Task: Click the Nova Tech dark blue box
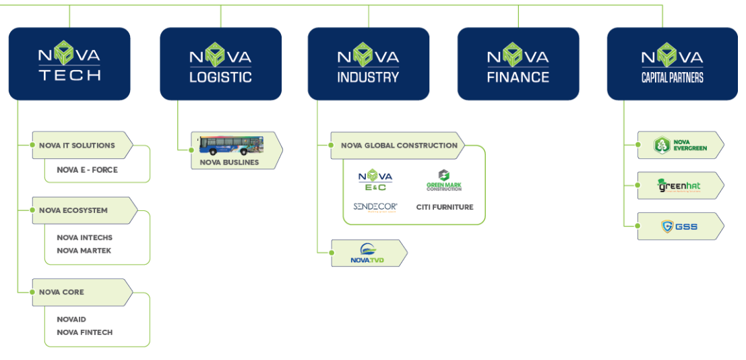(x=69, y=64)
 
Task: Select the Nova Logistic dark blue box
(x=220, y=64)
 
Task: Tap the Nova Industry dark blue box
(x=368, y=64)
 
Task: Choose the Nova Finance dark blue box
(x=518, y=64)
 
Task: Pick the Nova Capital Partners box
(x=672, y=64)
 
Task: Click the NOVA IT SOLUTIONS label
(x=77, y=146)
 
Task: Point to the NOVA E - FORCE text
(x=87, y=170)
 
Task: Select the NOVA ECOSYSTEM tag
(x=73, y=210)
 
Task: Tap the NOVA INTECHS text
(x=84, y=237)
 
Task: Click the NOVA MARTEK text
(x=84, y=251)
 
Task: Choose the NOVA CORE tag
(x=61, y=292)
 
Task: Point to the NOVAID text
(x=71, y=319)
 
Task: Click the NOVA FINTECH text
(x=84, y=332)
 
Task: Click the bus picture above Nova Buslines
(x=230, y=146)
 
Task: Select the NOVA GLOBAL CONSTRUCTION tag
(x=399, y=146)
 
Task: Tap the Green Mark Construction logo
(x=444, y=180)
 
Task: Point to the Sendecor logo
(x=375, y=207)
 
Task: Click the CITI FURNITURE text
(x=445, y=207)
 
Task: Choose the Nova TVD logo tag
(x=368, y=253)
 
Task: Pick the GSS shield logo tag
(x=679, y=227)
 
